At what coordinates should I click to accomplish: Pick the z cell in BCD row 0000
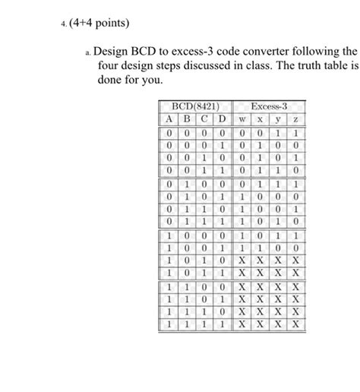pyautogui.click(x=296, y=133)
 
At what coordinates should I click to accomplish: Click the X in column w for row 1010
pyautogui.click(x=241, y=261)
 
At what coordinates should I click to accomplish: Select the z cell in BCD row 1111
pyautogui.click(x=296, y=323)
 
